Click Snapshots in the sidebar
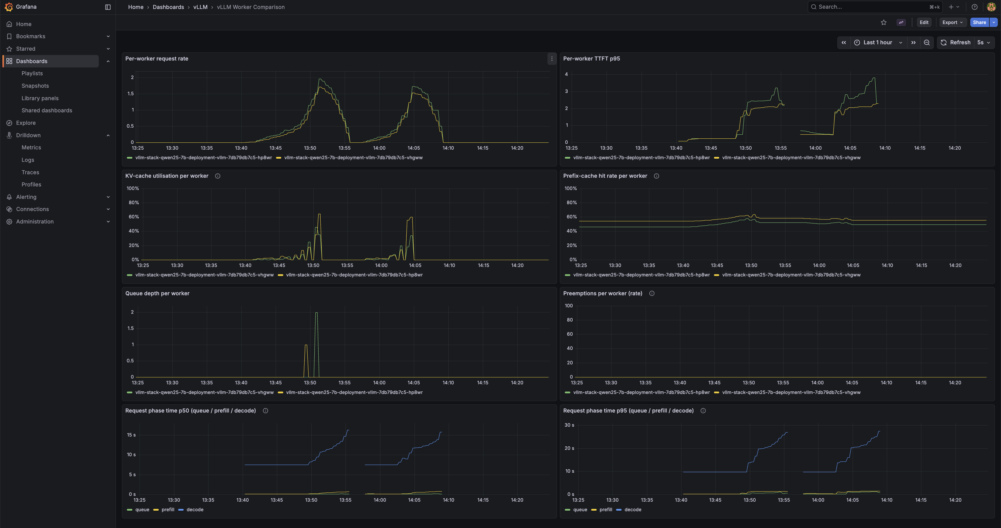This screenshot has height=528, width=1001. (x=35, y=86)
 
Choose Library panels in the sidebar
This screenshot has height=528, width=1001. (x=40, y=98)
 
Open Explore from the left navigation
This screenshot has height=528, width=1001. (x=26, y=123)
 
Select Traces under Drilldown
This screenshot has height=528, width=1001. (x=30, y=172)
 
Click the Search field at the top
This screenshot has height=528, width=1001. (x=870, y=7)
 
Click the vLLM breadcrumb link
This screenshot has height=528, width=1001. (x=200, y=7)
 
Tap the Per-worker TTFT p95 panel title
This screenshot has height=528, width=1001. (x=591, y=59)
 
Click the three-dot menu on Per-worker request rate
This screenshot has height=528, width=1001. (x=552, y=59)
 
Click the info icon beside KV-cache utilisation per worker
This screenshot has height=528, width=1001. (x=218, y=176)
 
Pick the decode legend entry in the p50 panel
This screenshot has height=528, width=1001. (x=194, y=510)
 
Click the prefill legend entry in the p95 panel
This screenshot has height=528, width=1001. (x=605, y=510)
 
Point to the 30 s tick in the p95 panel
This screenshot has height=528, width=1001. (x=569, y=425)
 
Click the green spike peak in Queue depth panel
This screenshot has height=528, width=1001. (x=316, y=313)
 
